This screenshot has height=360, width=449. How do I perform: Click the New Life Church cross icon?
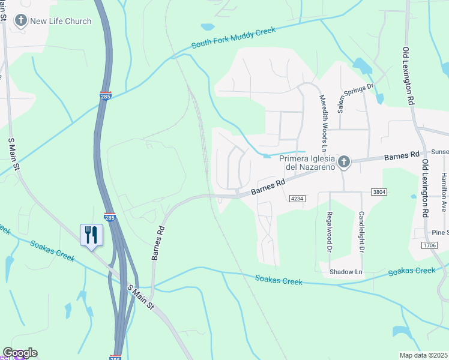point(21,22)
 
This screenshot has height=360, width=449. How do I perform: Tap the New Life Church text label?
point(61,22)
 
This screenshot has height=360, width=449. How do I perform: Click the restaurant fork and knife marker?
point(91,235)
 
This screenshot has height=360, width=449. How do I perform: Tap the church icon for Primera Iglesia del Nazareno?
point(343,161)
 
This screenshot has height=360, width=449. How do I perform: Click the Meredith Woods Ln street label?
point(323,122)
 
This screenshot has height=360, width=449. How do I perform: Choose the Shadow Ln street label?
point(346,272)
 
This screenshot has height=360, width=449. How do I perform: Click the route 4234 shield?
point(297,199)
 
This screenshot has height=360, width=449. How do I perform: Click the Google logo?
point(20,353)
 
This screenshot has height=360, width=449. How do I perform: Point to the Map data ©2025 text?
point(424,355)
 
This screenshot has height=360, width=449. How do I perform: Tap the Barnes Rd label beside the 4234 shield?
point(268,187)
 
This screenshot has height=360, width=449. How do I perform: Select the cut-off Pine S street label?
point(440,232)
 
